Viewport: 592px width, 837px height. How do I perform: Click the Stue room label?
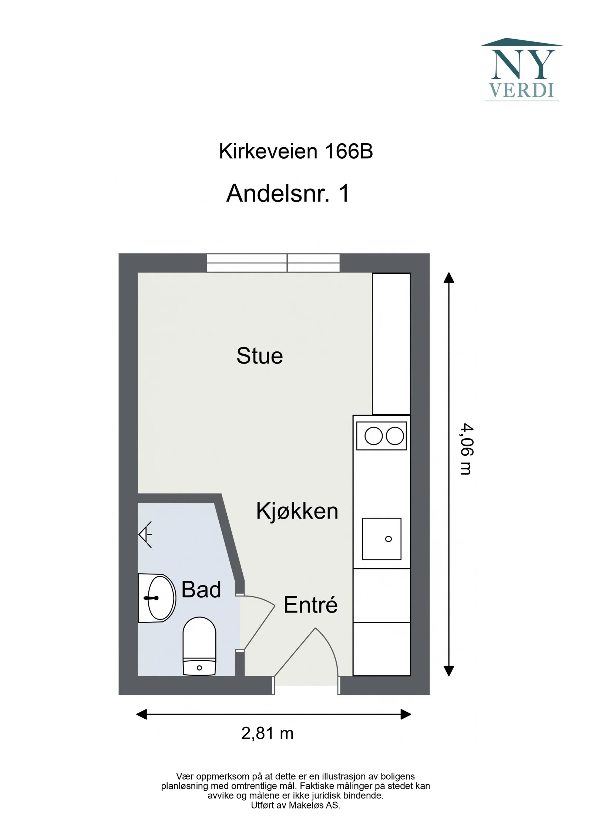click(x=260, y=356)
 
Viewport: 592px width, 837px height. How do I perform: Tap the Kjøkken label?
click(x=297, y=511)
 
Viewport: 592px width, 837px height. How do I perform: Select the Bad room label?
click(x=201, y=589)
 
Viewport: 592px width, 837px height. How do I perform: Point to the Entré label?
click(x=310, y=605)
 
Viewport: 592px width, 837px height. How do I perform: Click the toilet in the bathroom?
click(x=199, y=646)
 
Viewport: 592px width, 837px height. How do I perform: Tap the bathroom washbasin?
click(x=157, y=598)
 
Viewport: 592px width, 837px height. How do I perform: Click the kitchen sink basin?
click(x=381, y=539)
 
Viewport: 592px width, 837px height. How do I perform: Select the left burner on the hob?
click(x=373, y=436)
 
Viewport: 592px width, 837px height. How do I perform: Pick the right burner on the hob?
click(x=395, y=436)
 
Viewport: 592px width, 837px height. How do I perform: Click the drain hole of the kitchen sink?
click(x=388, y=539)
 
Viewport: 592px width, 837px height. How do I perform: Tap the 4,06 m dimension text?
click(x=467, y=449)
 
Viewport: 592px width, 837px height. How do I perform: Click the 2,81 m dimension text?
click(x=267, y=733)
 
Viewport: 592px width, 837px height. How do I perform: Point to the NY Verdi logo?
click(x=522, y=69)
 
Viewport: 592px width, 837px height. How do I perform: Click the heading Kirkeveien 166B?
click(x=296, y=151)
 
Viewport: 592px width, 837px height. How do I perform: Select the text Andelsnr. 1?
click(x=288, y=193)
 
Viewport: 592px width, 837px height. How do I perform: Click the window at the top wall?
click(x=273, y=263)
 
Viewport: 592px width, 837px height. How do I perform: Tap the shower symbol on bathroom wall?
click(x=145, y=534)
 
